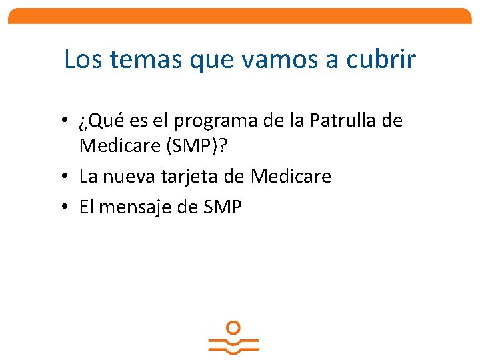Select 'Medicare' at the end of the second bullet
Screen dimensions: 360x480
tap(291, 177)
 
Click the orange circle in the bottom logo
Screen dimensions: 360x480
tap(233, 328)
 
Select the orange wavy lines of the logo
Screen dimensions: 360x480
tap(233, 345)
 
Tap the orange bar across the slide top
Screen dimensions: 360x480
tap(240, 15)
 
